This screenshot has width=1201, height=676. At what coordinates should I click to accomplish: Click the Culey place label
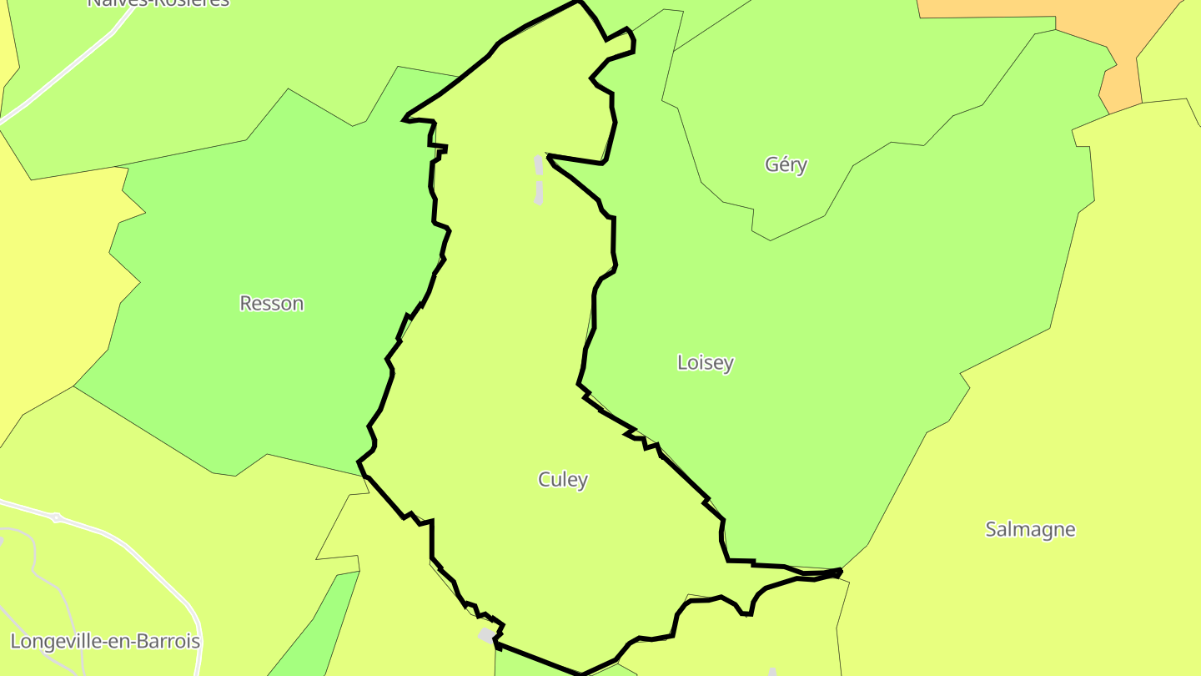563,480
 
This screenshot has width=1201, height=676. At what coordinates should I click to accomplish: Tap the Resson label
272,303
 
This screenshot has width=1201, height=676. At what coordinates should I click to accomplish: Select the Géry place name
786,164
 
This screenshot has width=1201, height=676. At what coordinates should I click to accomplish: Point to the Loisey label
706,362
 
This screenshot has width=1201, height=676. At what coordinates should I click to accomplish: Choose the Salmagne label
1030,529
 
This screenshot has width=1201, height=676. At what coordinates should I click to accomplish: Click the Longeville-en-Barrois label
105,642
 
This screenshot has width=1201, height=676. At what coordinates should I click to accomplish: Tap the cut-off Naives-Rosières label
158,3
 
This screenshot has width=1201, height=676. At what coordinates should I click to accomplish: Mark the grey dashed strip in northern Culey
539,179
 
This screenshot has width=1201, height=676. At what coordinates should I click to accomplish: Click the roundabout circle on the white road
56,517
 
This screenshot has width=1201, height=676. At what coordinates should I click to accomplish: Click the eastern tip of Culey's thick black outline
839,572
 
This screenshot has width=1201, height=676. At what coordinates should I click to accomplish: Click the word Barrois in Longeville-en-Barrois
166,642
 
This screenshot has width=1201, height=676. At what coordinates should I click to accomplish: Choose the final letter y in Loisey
729,363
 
